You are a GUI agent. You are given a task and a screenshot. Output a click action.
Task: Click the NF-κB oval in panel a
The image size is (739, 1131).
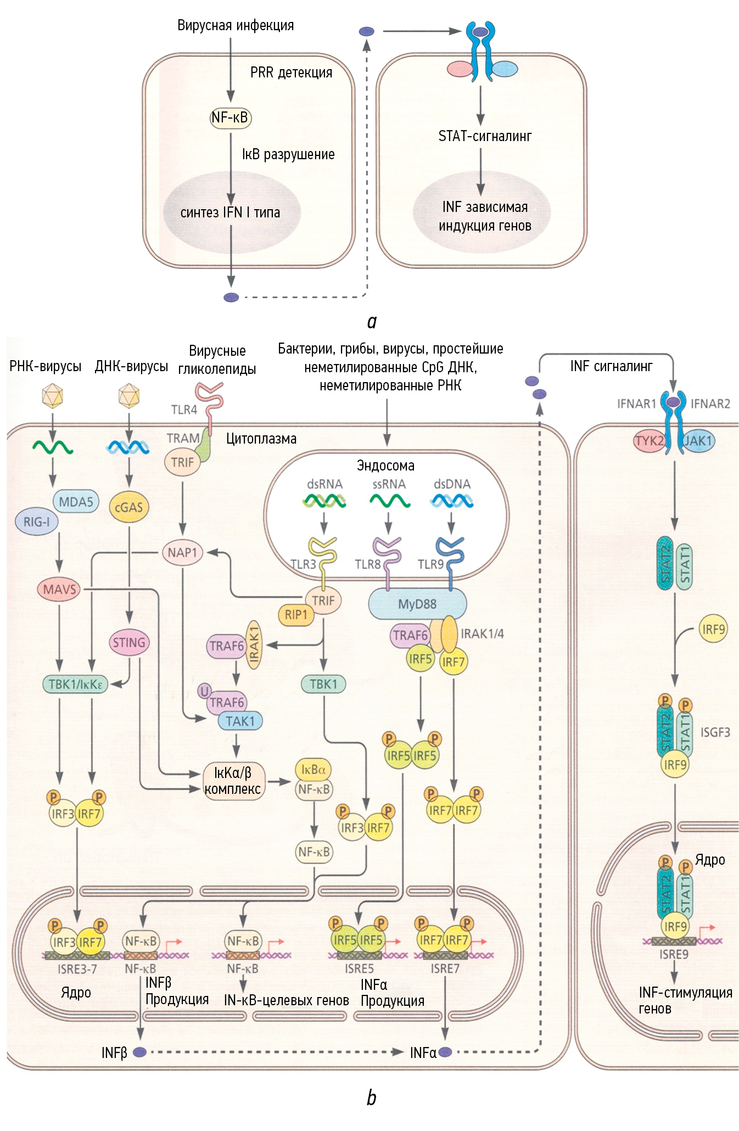[231, 117]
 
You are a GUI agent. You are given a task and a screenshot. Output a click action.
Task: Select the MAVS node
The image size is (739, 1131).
[59, 590]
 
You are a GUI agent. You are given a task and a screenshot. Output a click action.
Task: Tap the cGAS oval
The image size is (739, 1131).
[129, 507]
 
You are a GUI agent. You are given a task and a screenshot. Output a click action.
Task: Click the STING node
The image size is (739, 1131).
[129, 642]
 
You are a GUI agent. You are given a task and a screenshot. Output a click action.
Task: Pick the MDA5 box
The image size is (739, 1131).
[76, 501]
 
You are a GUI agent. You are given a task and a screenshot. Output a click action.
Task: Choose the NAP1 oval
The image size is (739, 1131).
[182, 552]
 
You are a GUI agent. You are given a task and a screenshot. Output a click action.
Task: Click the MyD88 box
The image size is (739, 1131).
[417, 604]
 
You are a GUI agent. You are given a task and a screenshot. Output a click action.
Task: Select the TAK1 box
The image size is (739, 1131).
[240, 721]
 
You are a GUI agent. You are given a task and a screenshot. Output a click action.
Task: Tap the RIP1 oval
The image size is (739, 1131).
[296, 615]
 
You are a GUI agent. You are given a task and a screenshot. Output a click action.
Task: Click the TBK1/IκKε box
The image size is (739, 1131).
[75, 684]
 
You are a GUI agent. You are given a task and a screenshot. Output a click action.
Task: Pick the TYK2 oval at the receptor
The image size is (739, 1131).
[650, 441]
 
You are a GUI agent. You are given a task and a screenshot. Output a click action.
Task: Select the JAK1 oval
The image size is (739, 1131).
[698, 441]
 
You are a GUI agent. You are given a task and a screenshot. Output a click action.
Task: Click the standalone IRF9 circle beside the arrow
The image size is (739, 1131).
[713, 629]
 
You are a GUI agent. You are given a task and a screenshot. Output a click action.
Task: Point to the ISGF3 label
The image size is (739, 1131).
[715, 732]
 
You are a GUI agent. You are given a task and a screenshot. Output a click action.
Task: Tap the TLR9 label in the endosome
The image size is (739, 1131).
[430, 564]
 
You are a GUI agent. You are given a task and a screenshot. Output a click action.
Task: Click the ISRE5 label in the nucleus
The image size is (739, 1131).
[359, 969]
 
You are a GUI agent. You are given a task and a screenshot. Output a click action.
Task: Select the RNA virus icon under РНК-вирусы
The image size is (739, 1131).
[53, 396]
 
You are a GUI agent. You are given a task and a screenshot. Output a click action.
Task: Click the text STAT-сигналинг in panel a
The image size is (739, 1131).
[485, 136]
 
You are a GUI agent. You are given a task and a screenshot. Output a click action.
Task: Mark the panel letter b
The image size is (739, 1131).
[371, 1098]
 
